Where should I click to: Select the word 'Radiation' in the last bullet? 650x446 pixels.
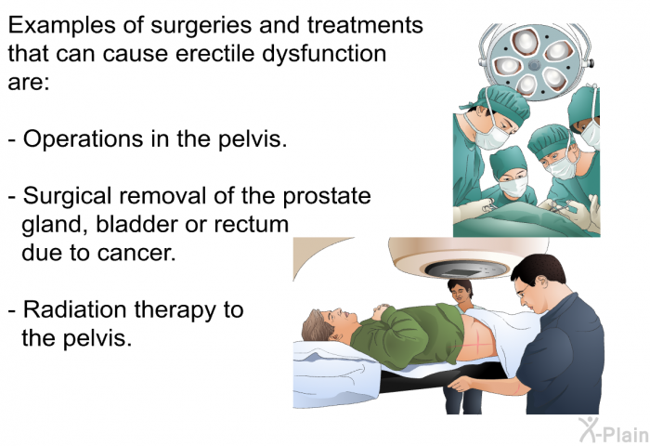point(74,309)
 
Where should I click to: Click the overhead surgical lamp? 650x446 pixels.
point(535,61)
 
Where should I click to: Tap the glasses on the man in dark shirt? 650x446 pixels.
point(523,291)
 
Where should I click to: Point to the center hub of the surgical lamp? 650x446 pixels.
point(534,64)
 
